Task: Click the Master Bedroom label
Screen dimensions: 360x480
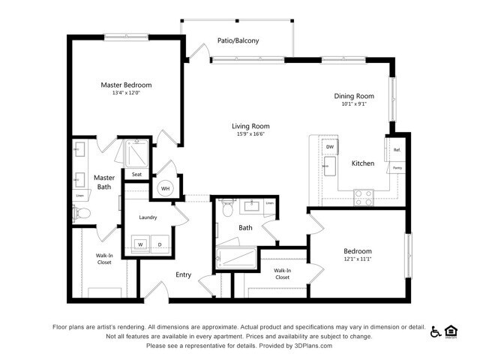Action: (126, 85)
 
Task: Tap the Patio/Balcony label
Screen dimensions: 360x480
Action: (238, 40)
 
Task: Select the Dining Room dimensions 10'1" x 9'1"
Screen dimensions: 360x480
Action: (353, 104)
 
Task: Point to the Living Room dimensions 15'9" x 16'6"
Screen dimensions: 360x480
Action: (250, 134)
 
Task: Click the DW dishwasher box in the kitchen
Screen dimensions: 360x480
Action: (329, 146)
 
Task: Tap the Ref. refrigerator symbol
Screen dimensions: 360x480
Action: (397, 150)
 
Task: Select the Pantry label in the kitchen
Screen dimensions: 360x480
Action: (397, 169)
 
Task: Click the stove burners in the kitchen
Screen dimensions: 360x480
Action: (363, 197)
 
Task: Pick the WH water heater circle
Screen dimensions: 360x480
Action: (165, 188)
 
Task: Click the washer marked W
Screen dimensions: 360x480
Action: (139, 244)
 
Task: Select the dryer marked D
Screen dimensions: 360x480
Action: (158, 244)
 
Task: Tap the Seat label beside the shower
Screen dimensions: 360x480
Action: (136, 174)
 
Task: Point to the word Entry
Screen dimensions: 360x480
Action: (184, 274)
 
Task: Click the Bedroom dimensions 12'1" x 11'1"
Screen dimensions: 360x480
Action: (358, 259)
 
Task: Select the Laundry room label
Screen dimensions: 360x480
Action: (148, 217)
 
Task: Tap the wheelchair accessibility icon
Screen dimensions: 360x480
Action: (436, 331)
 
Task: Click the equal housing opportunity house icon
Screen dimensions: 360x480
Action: (451, 331)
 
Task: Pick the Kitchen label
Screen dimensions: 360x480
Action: (363, 163)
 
